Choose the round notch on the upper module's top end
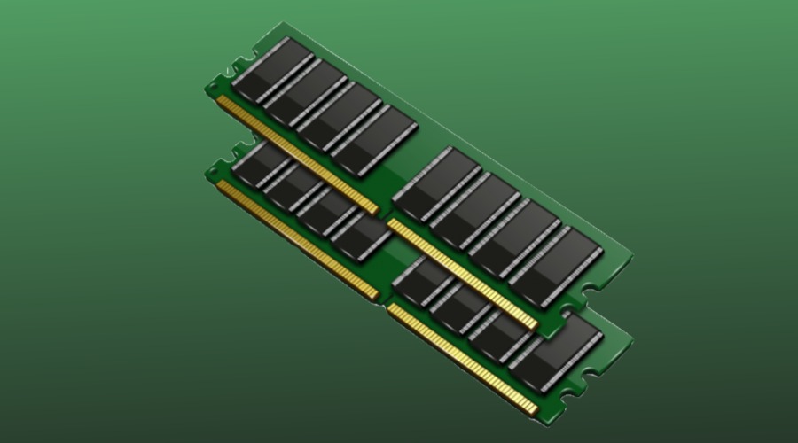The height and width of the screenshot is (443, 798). (237, 66)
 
